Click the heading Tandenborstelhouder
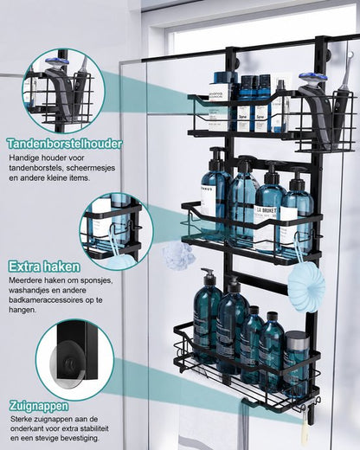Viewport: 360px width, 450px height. [65, 144]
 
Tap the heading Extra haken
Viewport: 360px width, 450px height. [44, 267]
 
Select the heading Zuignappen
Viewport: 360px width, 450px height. [39, 406]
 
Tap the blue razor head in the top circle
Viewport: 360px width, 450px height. [56, 65]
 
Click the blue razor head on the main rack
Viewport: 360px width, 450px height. [313, 79]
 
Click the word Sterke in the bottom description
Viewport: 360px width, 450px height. [21, 418]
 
